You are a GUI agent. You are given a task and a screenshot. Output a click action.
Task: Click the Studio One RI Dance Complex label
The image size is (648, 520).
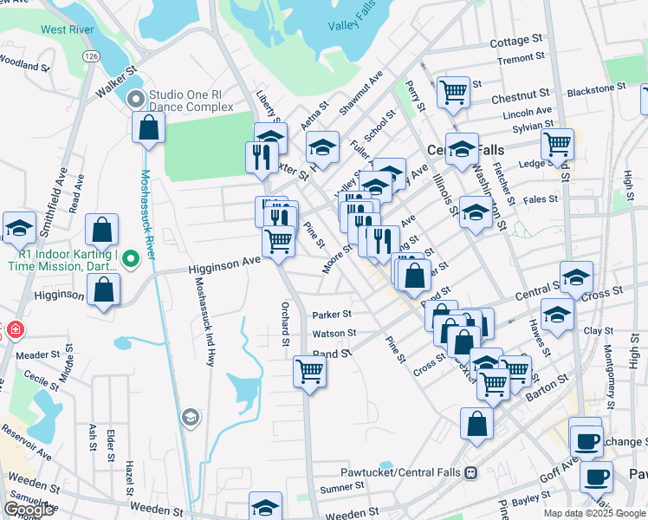[191, 101]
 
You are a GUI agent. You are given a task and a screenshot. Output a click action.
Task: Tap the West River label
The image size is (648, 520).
[66, 29]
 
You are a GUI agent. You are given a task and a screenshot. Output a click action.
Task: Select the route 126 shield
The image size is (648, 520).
[90, 55]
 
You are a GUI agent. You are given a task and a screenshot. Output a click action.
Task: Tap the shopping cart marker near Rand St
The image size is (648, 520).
[309, 372]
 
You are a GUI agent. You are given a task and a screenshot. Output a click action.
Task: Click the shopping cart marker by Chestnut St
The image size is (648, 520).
[453, 91]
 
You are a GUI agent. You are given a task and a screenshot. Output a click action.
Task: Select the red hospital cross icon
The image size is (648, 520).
[15, 330]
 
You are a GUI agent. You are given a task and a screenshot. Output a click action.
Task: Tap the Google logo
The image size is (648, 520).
[29, 510]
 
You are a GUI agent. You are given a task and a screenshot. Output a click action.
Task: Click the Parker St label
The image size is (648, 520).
[332, 315]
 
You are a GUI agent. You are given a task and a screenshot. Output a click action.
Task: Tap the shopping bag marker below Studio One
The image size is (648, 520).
[149, 127]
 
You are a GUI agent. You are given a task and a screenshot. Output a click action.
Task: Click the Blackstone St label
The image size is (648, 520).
[596, 88]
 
